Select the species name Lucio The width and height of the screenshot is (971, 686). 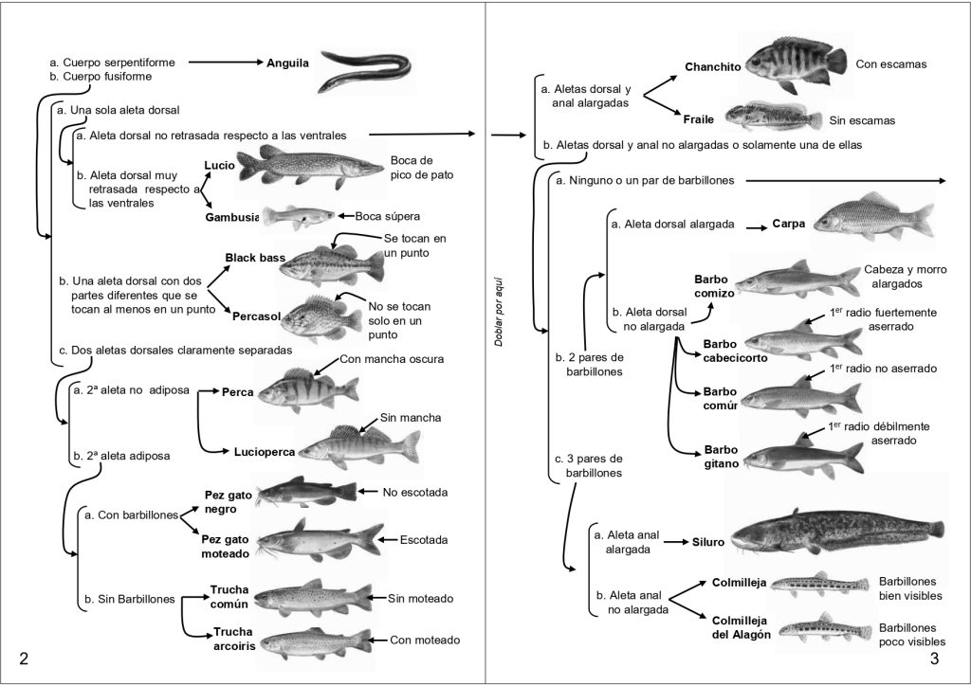(x=219, y=165)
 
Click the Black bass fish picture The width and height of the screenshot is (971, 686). (x=329, y=262)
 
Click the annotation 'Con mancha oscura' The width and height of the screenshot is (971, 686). (x=391, y=359)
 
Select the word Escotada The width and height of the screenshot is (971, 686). (x=423, y=540)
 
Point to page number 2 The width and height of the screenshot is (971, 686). (x=24, y=659)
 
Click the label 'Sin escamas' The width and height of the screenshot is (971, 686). (x=861, y=121)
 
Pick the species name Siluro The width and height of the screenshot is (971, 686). (x=707, y=543)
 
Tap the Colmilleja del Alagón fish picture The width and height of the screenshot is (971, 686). (x=818, y=630)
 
